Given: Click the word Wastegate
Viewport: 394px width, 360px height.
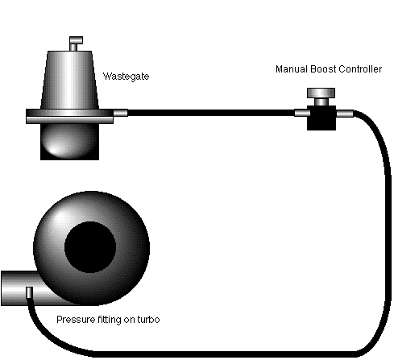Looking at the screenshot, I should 126,77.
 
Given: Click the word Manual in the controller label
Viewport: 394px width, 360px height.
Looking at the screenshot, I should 292,69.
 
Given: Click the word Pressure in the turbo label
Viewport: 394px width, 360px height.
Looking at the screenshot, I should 74,320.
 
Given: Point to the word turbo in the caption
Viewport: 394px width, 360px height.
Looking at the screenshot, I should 147,320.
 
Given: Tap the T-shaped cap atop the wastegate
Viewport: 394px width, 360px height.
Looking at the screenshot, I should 76,40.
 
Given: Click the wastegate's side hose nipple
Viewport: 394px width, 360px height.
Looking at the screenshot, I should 120,113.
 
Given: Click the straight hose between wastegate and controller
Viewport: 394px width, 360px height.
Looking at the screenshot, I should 209,113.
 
